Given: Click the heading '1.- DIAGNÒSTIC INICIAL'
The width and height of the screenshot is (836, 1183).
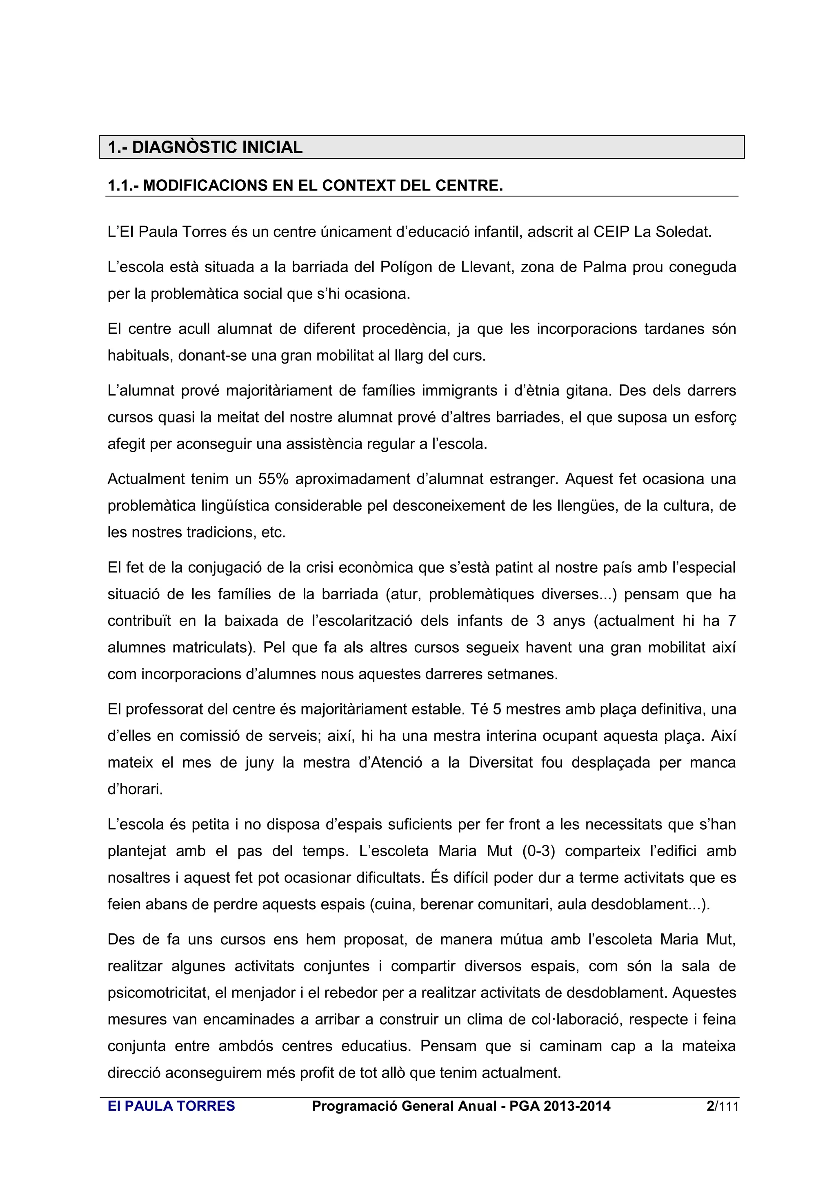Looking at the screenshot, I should pos(205,147).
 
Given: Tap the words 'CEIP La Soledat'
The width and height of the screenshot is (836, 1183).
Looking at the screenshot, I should pos(652,232).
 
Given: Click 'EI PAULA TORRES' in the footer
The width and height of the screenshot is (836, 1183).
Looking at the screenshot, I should pos(171,1106).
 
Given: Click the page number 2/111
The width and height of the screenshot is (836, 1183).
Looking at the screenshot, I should pos(722,1106).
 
